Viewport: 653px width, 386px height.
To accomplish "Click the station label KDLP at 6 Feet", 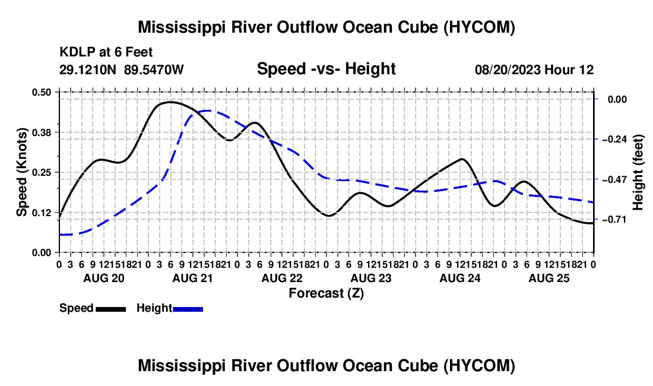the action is [106, 52].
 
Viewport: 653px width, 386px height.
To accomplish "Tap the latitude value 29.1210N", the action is [87, 69].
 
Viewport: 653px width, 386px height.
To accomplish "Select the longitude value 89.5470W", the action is [154, 69].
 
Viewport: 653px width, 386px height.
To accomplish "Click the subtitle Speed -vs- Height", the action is [326, 69].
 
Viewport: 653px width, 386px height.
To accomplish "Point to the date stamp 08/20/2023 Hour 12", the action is [534, 69].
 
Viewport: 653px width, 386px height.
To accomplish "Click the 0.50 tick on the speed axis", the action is [41, 92].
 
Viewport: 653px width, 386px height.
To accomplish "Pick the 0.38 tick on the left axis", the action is [41, 132].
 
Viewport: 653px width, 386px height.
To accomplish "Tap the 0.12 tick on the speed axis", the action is [41, 213].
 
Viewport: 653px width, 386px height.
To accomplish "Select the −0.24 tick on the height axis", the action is [614, 139].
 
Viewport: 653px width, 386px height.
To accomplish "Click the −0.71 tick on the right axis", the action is [614, 220].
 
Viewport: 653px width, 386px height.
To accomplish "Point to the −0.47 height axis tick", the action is [614, 179].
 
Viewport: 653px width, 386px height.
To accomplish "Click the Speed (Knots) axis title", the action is [21, 172].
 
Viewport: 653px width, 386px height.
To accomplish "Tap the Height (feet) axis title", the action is [638, 172].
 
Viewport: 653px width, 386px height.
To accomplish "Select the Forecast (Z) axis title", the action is [326, 293].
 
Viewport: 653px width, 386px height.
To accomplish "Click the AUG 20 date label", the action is [104, 278].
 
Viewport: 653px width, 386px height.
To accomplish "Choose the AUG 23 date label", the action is [371, 278].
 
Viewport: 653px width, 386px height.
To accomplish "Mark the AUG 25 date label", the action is [549, 278].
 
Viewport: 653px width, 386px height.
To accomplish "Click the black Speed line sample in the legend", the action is [111, 309].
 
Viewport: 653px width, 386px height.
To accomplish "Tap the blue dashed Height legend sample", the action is [188, 309].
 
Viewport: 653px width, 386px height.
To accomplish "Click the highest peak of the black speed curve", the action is [170, 102].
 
